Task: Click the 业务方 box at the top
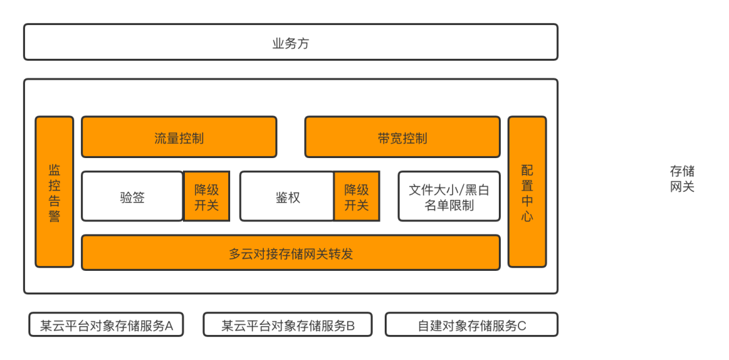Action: click(x=290, y=42)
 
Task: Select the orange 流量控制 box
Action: click(x=179, y=137)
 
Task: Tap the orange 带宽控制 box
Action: click(x=402, y=137)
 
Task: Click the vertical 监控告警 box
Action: click(x=54, y=192)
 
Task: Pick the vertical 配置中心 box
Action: click(x=527, y=192)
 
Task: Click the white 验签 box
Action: click(x=132, y=197)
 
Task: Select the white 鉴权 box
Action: click(x=287, y=197)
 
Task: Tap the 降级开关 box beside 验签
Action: click(x=207, y=197)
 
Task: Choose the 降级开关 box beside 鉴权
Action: click(x=356, y=197)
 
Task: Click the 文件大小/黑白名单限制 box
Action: click(x=449, y=197)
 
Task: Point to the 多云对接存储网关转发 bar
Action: click(x=290, y=253)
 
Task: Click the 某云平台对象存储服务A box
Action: click(x=107, y=325)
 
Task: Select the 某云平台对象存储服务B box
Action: click(x=288, y=325)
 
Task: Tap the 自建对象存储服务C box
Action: click(x=471, y=325)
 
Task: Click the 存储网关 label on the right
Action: click(x=682, y=178)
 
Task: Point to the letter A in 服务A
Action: click(x=169, y=326)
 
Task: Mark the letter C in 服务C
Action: click(x=522, y=326)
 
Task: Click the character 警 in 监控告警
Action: click(x=54, y=217)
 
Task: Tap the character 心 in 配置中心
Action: click(x=527, y=217)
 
